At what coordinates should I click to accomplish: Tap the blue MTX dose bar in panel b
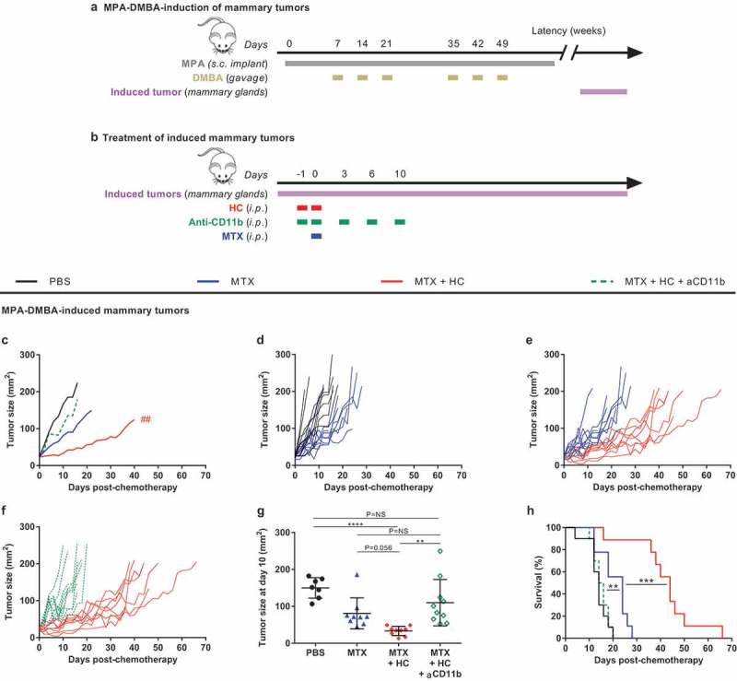coord(316,236)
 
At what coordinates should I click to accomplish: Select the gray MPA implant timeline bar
coord(420,64)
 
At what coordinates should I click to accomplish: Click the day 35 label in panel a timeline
coord(453,43)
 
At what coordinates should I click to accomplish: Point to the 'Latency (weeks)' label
coord(568,31)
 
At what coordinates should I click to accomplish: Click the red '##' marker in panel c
coord(146,419)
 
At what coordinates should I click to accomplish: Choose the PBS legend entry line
coord(27,282)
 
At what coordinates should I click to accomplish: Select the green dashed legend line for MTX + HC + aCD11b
coord(602,282)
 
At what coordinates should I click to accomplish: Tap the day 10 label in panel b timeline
coord(400,174)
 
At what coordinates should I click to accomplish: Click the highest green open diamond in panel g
coord(440,551)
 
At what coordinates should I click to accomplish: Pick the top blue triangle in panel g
coord(357,575)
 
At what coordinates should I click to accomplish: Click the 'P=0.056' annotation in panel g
coord(379,548)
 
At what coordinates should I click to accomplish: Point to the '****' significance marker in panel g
coord(356,524)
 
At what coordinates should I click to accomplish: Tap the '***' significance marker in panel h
coord(647,581)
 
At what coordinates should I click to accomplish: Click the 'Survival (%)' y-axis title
coord(538,582)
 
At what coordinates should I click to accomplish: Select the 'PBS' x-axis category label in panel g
coord(315,652)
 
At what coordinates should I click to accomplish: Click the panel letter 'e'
coord(530,341)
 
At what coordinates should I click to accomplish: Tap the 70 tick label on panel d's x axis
coord(462,475)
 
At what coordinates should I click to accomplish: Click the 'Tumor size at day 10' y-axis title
coord(262,587)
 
